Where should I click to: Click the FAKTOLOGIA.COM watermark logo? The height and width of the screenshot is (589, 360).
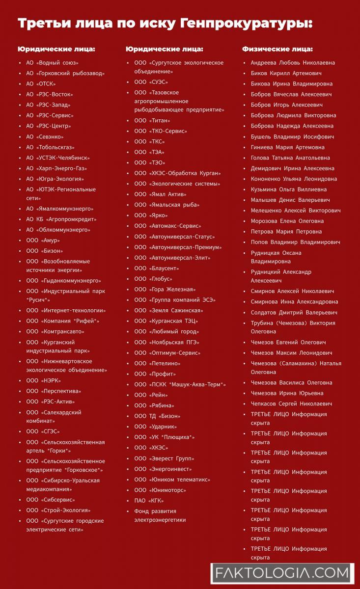point(282,572)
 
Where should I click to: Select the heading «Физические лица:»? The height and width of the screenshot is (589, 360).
point(277,49)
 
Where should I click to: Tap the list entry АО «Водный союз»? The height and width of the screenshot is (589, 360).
point(52,63)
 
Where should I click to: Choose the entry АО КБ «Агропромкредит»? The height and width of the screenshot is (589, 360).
point(61,219)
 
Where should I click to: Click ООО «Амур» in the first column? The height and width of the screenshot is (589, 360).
point(43,241)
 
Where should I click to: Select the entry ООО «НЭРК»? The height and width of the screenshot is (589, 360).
point(44,381)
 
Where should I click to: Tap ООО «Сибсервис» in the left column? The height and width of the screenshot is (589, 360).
point(51,500)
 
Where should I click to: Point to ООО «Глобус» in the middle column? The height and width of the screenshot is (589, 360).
point(153,279)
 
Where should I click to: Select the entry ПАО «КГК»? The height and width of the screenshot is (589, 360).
point(149,501)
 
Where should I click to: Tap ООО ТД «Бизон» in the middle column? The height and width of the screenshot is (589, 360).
point(157,416)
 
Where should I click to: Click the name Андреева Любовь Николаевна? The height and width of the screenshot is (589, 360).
point(293,63)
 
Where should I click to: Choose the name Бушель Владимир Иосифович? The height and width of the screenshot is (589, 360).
point(292,137)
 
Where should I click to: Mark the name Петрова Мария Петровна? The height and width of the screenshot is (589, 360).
point(286,232)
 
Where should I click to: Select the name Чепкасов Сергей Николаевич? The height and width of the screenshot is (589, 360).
point(291,404)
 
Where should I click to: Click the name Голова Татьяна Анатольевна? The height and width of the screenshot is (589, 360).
point(290,158)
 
